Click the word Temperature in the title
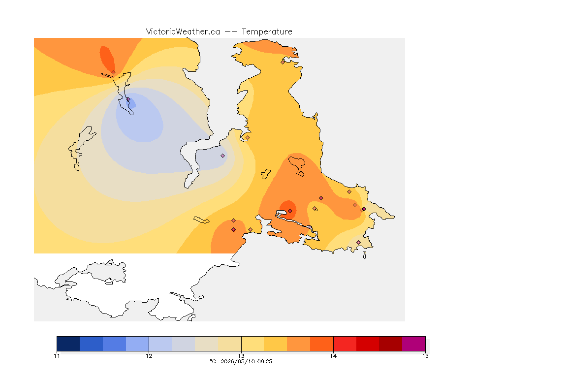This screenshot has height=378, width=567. click(267, 32)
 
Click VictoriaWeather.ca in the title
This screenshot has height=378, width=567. click(183, 32)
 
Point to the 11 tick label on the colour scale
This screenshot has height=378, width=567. click(57, 356)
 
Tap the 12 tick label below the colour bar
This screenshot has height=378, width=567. click(149, 356)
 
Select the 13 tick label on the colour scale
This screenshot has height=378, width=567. click(241, 356)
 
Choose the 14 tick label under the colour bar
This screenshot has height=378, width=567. click(333, 356)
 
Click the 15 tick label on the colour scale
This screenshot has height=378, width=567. click(425, 356)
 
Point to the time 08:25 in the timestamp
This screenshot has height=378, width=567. click(264, 361)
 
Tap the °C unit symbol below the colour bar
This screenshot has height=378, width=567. click(213, 361)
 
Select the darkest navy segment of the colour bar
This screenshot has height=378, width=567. click(68, 344)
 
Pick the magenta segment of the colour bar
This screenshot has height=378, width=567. click(413, 344)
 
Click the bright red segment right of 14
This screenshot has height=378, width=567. click(345, 344)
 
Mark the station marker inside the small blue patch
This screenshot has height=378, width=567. click(128, 99)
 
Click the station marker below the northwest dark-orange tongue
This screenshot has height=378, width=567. click(114, 72)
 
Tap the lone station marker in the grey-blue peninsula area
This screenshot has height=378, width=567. click(223, 156)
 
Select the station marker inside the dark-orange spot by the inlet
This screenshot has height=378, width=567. click(290, 211)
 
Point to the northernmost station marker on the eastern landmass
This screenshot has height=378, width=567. click(283, 62)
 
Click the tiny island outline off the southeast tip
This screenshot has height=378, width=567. click(365, 255)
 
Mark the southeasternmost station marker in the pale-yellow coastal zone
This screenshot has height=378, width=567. click(358, 242)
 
